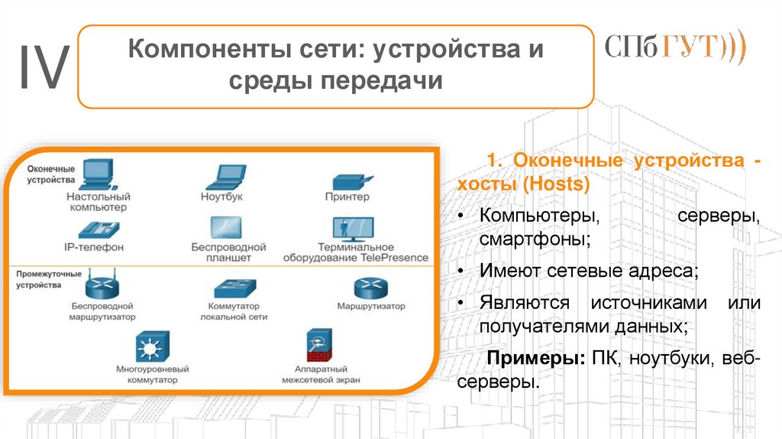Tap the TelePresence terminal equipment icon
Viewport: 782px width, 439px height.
coord(352,228)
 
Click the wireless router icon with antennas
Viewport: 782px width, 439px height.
coord(102,285)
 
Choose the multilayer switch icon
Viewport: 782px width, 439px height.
coord(151,347)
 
